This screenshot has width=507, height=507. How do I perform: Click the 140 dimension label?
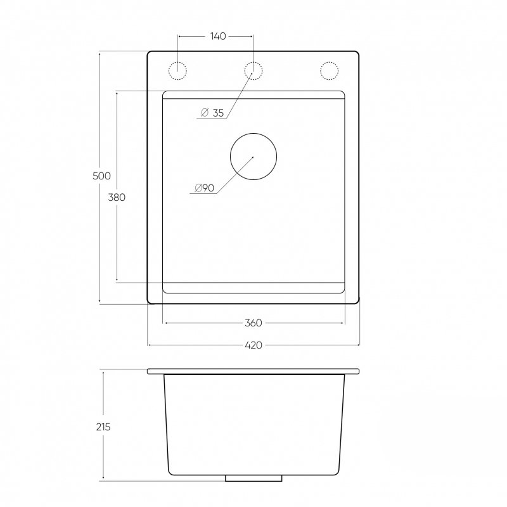pyautogui.click(x=218, y=36)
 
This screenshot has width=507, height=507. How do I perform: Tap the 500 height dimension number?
pyautogui.click(x=101, y=176)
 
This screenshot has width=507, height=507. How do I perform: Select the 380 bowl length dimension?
pyautogui.click(x=117, y=197)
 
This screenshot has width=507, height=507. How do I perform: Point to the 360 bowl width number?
pyautogui.click(x=253, y=323)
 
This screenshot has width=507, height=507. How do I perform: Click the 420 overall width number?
pyautogui.click(x=253, y=345)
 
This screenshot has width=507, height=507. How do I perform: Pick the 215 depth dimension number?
pyautogui.click(x=103, y=427)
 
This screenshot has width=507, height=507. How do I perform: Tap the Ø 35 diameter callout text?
pyautogui.click(x=212, y=113)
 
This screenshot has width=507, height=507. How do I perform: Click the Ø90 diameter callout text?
pyautogui.click(x=205, y=188)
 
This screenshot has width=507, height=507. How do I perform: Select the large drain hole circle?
pyautogui.click(x=253, y=133)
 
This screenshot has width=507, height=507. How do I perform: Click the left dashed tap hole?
pyautogui.click(x=177, y=61)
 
